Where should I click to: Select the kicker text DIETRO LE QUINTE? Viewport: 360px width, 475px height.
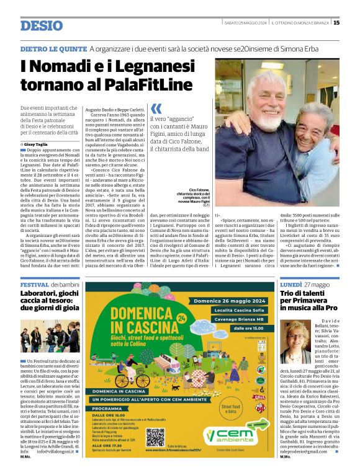[x=53, y=48]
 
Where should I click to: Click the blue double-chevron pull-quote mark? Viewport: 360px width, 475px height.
[x=156, y=109]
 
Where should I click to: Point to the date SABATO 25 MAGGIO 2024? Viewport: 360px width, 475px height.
[x=246, y=23]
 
